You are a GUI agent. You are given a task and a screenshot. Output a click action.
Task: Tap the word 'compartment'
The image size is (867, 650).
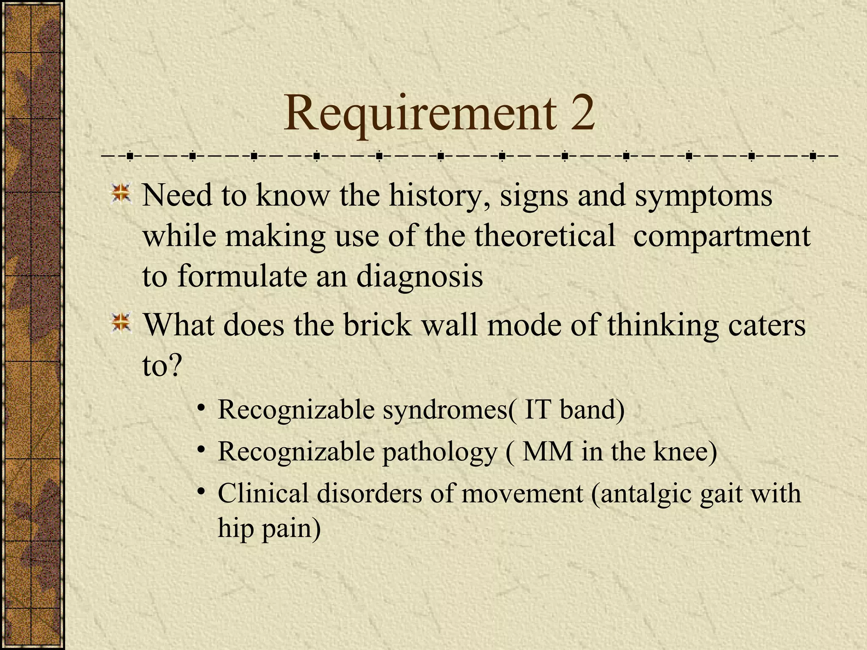click(721, 236)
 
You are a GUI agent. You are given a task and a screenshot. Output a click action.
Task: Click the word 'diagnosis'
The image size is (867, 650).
click(419, 276)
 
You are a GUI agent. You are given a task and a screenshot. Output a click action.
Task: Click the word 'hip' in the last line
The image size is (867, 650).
click(235, 529)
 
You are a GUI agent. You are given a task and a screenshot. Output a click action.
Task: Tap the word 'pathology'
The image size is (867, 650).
click(440, 452)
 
